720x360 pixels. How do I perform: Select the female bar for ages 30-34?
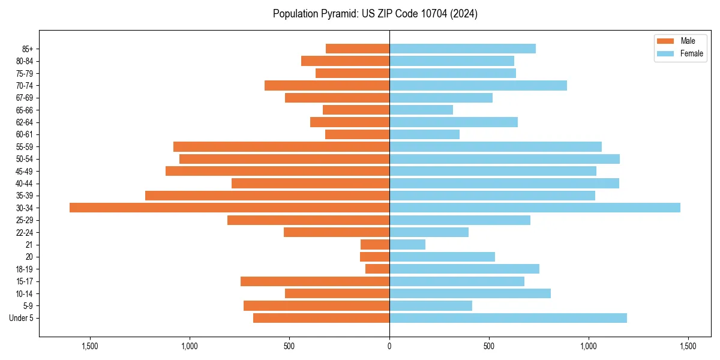pyautogui.click(x=535, y=208)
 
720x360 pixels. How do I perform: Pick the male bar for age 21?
pyautogui.click(x=375, y=244)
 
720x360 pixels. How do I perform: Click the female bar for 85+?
pyautogui.click(x=463, y=49)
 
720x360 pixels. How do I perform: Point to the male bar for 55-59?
pyautogui.click(x=281, y=146)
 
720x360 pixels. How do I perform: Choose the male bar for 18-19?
pyautogui.click(x=377, y=269)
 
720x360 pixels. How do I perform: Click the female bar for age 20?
pyautogui.click(x=442, y=257)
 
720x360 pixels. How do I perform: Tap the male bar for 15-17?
pyautogui.click(x=315, y=281)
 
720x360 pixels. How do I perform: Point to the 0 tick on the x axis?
pyautogui.click(x=389, y=346)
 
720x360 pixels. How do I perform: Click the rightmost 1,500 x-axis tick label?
pyautogui.click(x=688, y=346)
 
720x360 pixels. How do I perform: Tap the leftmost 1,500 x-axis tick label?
pyautogui.click(x=90, y=346)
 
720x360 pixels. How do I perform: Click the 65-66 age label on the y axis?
pyautogui.click(x=25, y=110)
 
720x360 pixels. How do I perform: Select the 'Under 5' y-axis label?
pyautogui.click(x=21, y=318)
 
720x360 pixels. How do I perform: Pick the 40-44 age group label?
pyautogui.click(x=25, y=183)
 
